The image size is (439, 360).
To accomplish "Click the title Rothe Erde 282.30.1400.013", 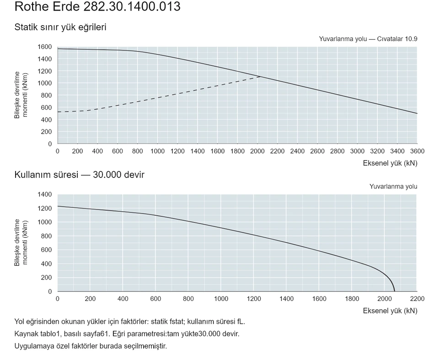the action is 97,6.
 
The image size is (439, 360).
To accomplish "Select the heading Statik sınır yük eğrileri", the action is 60,27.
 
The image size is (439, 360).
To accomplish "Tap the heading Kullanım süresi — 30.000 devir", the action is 79,175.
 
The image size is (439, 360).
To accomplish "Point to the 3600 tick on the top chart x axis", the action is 417,151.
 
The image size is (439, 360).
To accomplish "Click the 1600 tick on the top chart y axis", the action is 45,47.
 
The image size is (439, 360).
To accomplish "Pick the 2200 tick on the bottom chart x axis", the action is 417,299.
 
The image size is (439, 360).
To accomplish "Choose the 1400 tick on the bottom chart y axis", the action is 45,194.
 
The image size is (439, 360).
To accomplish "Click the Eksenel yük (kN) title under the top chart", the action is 390,163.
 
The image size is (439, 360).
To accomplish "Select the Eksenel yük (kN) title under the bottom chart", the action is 390,311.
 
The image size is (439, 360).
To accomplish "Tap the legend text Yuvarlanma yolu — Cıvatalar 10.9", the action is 368,39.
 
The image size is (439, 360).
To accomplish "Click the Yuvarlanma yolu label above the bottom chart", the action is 393,187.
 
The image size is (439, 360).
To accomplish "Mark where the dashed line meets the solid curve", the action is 261,76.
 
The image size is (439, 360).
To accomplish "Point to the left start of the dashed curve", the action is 58,112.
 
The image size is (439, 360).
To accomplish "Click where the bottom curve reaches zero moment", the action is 395,291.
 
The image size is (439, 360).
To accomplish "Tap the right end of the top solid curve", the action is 417,113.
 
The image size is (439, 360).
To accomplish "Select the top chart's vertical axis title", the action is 21,95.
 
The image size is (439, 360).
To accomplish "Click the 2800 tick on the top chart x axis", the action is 337,151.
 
